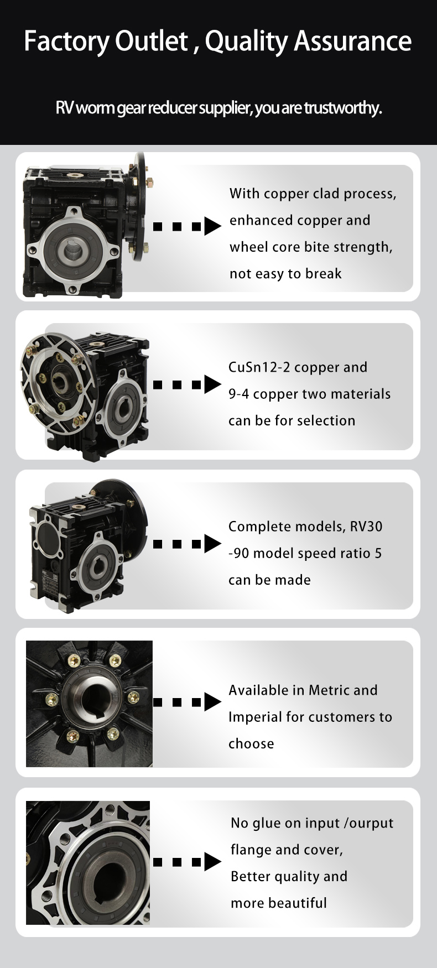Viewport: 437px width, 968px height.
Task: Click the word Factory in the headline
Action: pos(67,41)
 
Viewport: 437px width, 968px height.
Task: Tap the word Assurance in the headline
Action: pos(353,41)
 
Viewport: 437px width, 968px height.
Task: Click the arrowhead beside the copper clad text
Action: pos(212,226)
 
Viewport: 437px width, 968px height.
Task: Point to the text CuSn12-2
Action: pos(259,367)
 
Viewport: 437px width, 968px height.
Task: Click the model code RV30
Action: pos(366,527)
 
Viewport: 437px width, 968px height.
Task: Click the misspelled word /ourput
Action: pos(368,824)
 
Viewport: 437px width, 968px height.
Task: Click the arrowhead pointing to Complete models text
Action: pos(212,544)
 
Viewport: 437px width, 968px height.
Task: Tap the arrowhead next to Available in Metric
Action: pos(212,702)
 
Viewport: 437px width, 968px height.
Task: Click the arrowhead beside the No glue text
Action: pos(212,862)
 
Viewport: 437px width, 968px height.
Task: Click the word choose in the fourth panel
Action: pos(251,744)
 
